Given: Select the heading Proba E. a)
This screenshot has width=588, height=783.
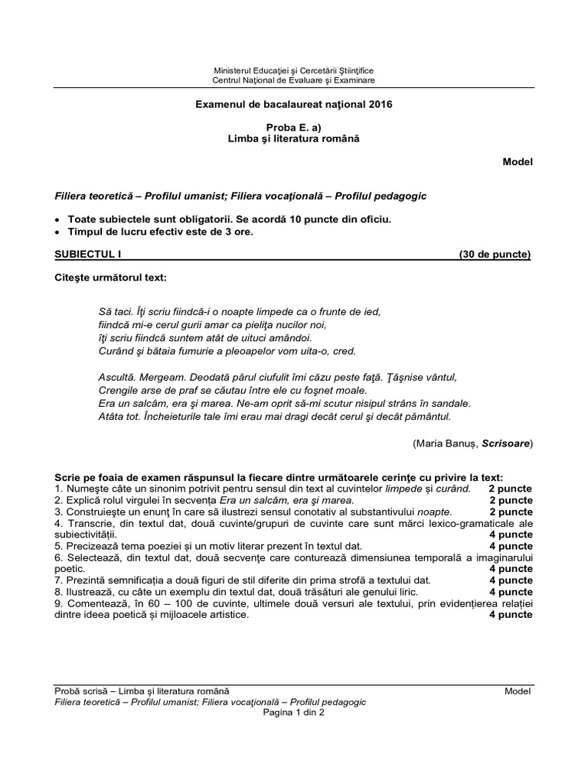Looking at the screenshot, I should pyautogui.click(x=294, y=126).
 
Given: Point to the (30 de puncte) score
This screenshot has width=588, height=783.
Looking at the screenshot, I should pyautogui.click(x=495, y=254).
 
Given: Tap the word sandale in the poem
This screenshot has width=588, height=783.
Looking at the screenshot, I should pyautogui.click(x=450, y=403).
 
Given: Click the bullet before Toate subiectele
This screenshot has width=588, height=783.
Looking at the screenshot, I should pyautogui.click(x=59, y=219).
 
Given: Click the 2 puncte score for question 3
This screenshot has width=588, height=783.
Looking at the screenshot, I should pyautogui.click(x=511, y=512).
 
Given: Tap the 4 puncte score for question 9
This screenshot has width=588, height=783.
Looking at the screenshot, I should pyautogui.click(x=511, y=614).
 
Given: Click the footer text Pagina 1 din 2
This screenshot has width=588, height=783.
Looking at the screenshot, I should pyautogui.click(x=294, y=711).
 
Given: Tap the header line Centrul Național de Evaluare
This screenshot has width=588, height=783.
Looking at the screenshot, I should pyautogui.click(x=294, y=80).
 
